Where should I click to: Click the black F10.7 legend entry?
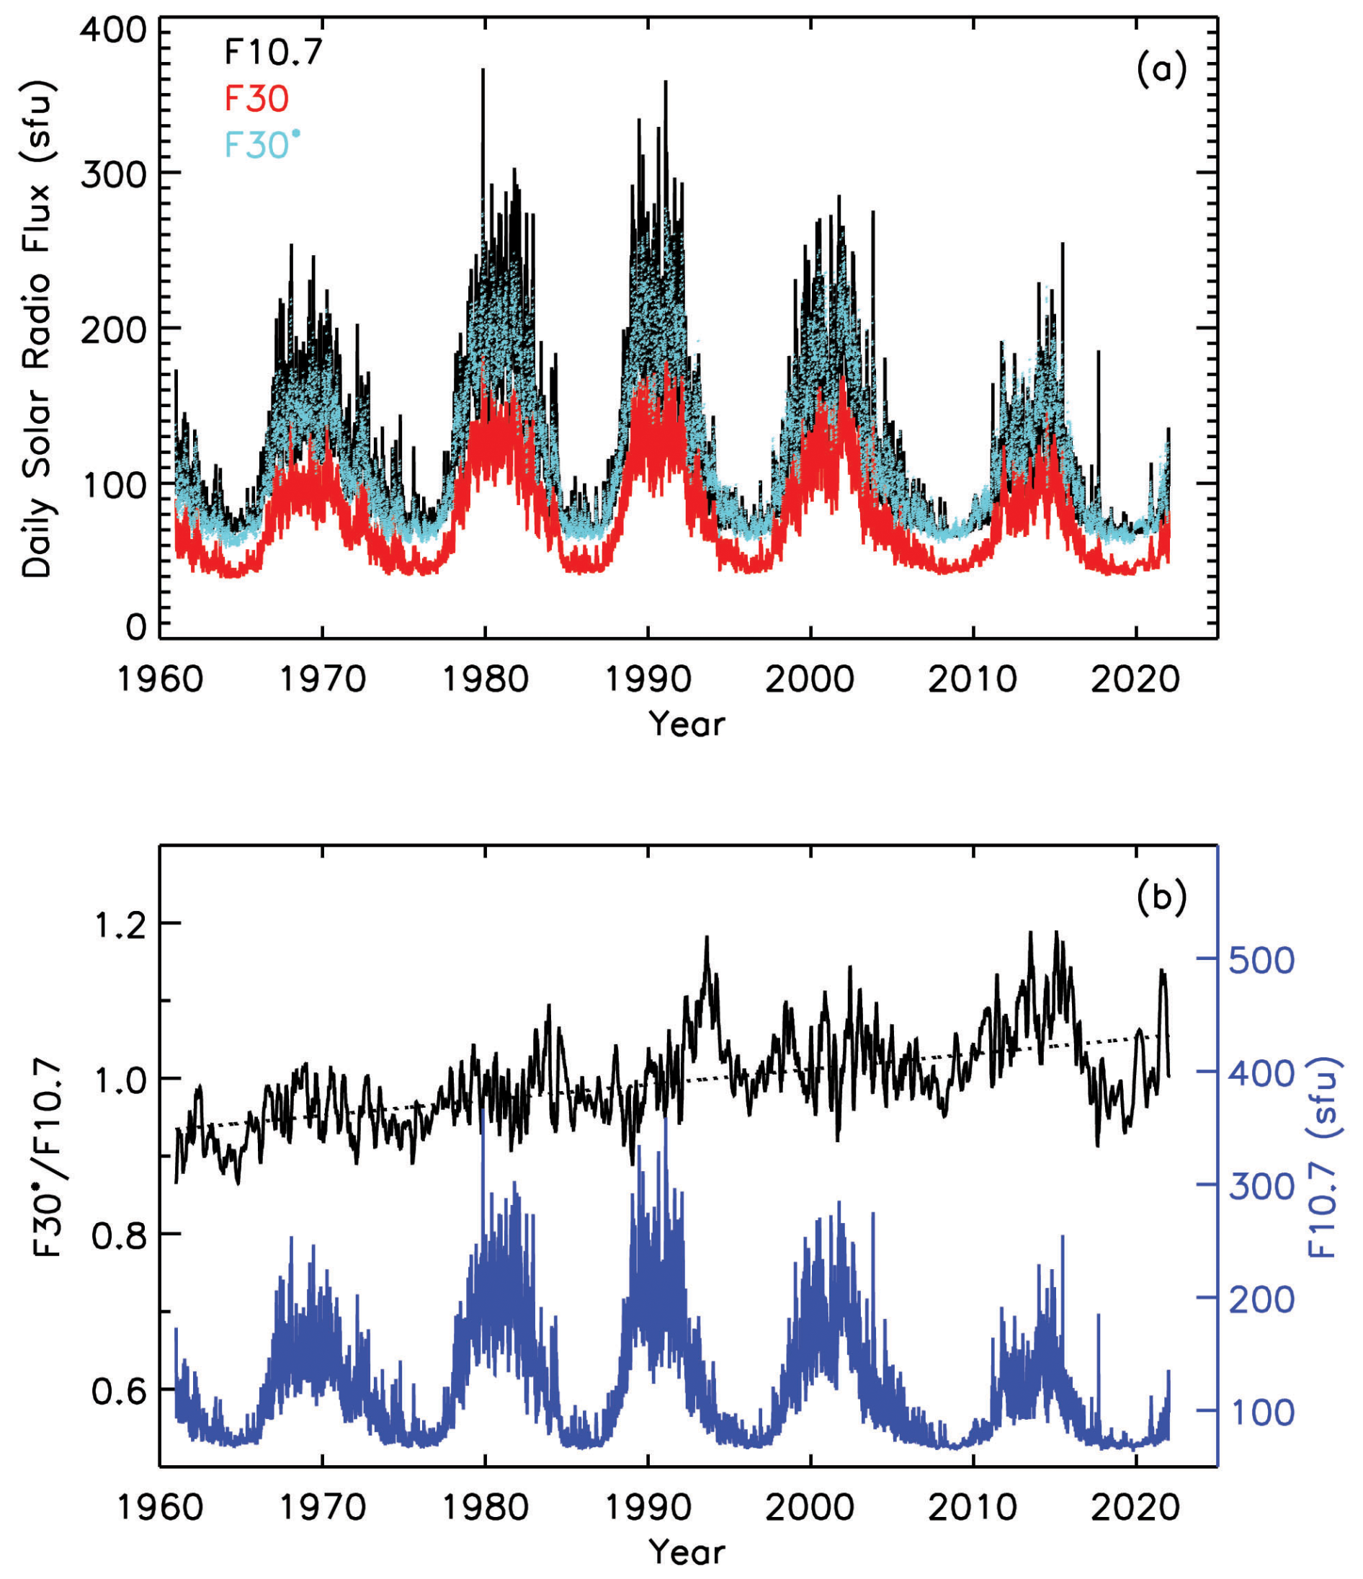[x=274, y=53]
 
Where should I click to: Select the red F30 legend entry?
[x=256, y=99]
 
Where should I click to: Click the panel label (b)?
[x=1161, y=898]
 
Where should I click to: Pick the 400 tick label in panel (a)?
[x=114, y=30]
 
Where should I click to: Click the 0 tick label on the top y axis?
[x=135, y=626]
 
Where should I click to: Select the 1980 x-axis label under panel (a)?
[x=486, y=679]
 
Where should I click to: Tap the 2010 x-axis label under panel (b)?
[x=972, y=1508]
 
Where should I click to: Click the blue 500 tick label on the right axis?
[x=1261, y=961]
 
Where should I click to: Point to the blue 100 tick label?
[x=1261, y=1413]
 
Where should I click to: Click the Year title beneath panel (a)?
[x=687, y=724]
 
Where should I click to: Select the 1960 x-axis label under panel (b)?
[x=160, y=1508]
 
